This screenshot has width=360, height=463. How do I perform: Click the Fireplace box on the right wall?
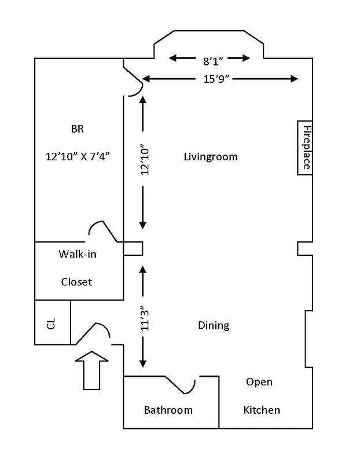click(x=305, y=148)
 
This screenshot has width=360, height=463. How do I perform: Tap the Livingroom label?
click(x=210, y=157)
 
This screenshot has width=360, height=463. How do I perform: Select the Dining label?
click(x=214, y=325)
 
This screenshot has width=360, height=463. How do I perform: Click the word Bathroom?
click(x=168, y=410)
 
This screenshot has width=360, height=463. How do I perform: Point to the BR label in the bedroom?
click(x=78, y=129)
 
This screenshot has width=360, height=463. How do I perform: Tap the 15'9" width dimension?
click(x=218, y=79)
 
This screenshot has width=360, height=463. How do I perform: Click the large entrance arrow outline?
click(x=92, y=370)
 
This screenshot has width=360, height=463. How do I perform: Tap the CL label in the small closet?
click(x=52, y=323)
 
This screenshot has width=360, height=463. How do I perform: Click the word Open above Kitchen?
click(x=259, y=382)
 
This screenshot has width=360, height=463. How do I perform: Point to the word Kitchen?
click(x=262, y=410)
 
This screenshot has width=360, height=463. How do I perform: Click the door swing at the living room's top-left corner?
click(x=133, y=83)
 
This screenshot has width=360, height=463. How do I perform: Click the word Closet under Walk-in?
click(x=76, y=282)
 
